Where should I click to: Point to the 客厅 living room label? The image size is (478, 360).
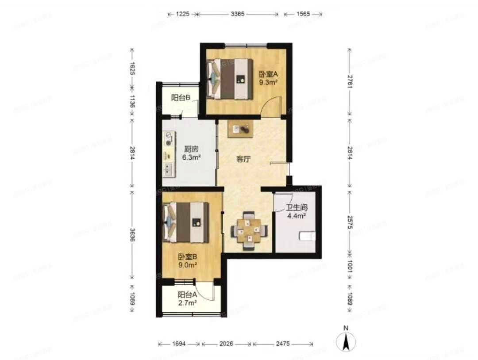[x=243, y=159]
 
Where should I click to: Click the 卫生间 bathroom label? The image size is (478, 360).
[x=296, y=207]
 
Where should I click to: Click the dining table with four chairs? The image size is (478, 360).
[x=250, y=230]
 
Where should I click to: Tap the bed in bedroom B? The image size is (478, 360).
[x=186, y=222]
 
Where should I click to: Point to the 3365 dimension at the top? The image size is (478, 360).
[x=237, y=14]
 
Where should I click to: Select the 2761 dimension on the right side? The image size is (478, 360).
[x=350, y=81]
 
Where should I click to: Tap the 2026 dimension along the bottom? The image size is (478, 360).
[x=226, y=344]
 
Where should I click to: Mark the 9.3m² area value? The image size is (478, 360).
[x=268, y=82]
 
